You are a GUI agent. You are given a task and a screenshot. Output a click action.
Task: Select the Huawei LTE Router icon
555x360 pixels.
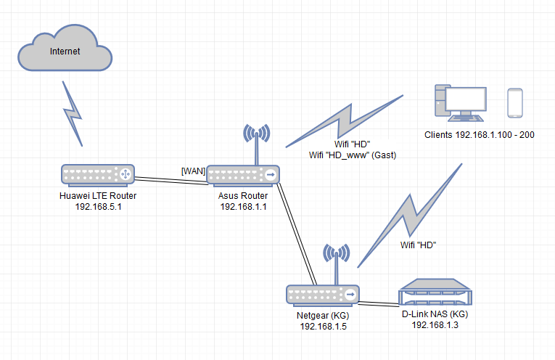point(96,174)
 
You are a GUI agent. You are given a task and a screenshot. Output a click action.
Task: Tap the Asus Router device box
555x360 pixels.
point(244,175)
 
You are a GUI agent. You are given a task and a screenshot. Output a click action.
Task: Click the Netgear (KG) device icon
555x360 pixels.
point(322,295)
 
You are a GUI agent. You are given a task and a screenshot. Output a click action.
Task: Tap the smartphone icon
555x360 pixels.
point(515,103)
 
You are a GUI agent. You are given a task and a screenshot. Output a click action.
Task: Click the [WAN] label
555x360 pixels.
point(193,171)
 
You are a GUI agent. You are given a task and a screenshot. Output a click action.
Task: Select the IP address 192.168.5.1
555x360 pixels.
point(96,206)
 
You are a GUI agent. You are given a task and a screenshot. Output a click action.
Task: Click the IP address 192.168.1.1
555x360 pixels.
point(244,207)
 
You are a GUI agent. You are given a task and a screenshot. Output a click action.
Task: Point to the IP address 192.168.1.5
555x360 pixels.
point(324,326)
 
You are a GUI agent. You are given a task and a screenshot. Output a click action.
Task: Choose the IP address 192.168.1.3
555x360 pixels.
point(435,326)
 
